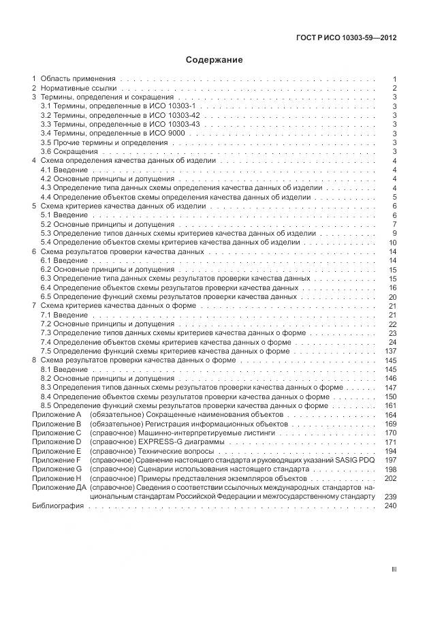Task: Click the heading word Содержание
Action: (214, 60)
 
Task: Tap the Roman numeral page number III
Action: (393, 570)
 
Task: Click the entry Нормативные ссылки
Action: (78, 89)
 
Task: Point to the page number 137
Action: (390, 352)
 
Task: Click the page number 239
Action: (390, 497)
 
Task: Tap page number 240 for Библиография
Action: (390, 506)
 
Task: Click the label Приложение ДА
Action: (58, 488)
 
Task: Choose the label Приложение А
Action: (57, 414)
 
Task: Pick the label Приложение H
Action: (57, 479)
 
